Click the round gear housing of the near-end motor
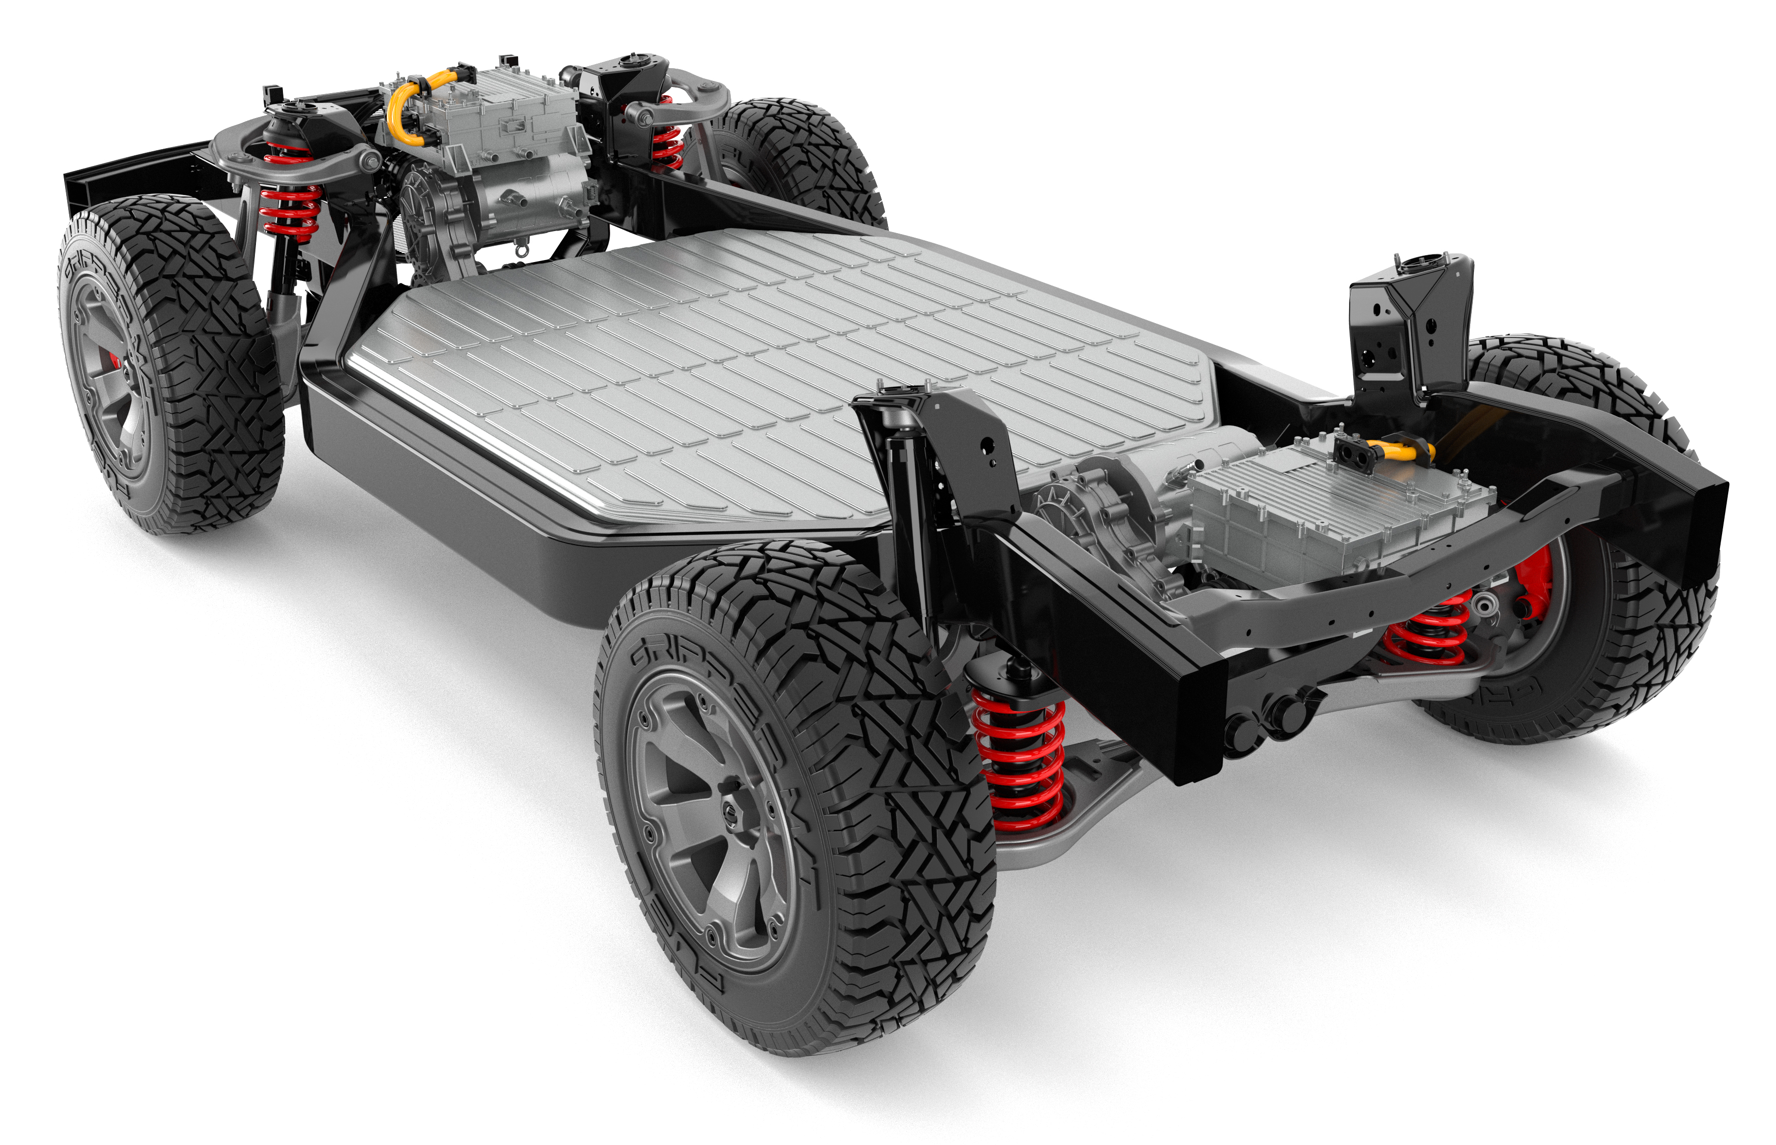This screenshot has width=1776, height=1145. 1093,513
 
